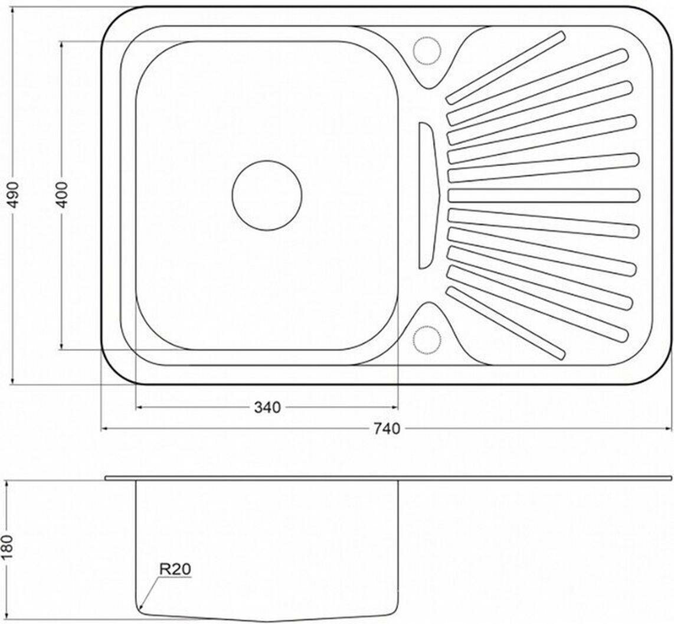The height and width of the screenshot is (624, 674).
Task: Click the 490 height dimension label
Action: (14, 195)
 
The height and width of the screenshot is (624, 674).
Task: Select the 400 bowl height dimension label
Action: (63, 195)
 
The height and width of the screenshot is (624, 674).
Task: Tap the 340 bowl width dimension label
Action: (267, 407)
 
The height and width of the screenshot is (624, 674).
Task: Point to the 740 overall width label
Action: (387, 429)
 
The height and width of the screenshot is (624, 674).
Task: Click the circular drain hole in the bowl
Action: (267, 195)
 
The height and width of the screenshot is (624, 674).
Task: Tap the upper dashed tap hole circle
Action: (426, 51)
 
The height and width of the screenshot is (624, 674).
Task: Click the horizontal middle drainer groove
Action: (544, 195)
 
